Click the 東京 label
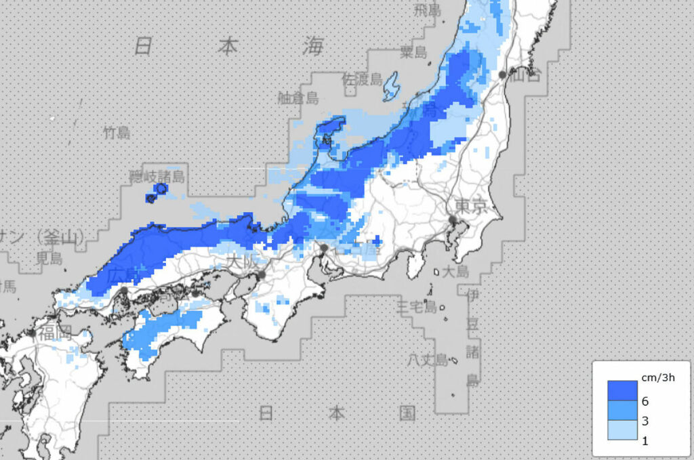click(x=471, y=207)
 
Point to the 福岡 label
click(x=55, y=333)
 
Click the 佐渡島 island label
click(x=362, y=79)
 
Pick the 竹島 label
click(x=117, y=132)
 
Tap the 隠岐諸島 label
click(x=157, y=177)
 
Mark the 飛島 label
click(x=428, y=11)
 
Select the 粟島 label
click(x=414, y=51)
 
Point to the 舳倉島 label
click(x=298, y=98)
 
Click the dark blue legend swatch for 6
click(x=622, y=390)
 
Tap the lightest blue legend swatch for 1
click(x=622, y=431)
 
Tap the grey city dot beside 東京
click(x=451, y=219)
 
